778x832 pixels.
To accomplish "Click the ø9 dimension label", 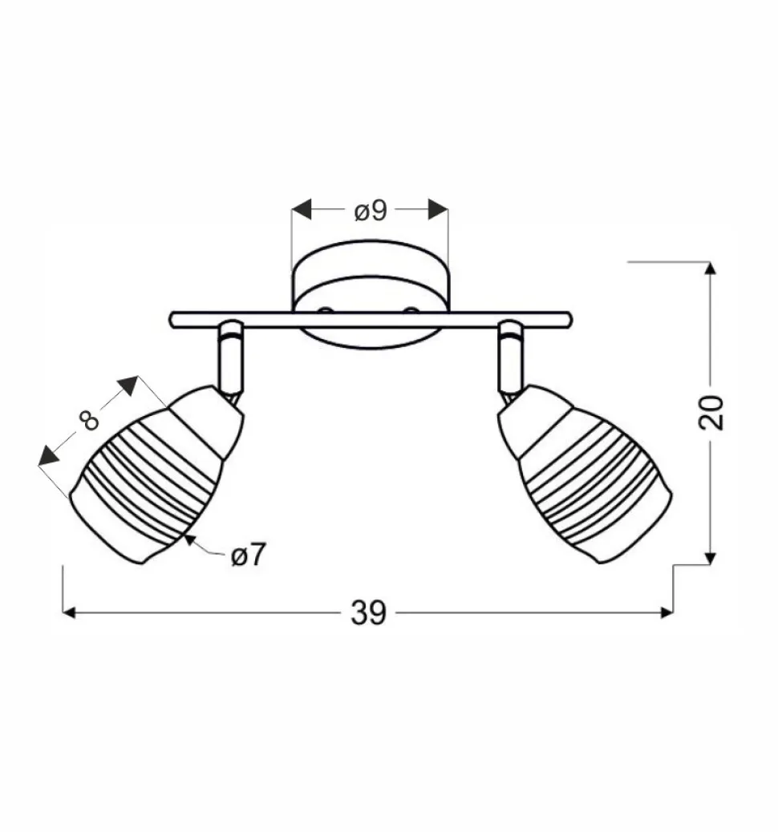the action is [x=371, y=211].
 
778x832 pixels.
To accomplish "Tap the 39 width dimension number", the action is [x=369, y=613].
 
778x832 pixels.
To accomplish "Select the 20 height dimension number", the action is [x=711, y=412].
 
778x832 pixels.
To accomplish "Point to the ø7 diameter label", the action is [x=248, y=555].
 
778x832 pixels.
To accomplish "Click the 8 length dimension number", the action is [x=89, y=419].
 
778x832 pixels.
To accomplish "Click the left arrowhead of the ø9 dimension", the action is [x=301, y=209].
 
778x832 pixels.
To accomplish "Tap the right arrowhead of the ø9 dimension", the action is [x=438, y=209].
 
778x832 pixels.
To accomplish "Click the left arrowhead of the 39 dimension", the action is [x=70, y=613].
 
